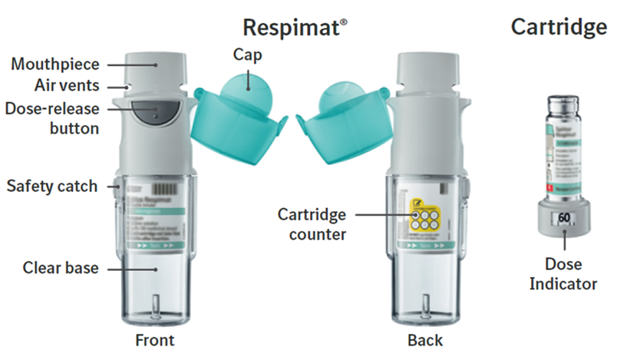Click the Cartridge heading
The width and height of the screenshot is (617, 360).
pyautogui.click(x=558, y=28)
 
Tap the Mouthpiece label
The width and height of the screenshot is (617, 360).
pyautogui.click(x=49, y=64)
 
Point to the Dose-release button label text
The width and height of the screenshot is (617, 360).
pyautogui.click(x=56, y=118)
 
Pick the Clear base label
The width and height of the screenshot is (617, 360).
pyautogui.click(x=58, y=268)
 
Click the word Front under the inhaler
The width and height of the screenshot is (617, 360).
pyautogui.click(x=153, y=339)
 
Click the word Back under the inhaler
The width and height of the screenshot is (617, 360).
pyautogui.click(x=426, y=339)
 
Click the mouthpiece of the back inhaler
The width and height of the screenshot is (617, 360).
pyautogui.click(x=429, y=69)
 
